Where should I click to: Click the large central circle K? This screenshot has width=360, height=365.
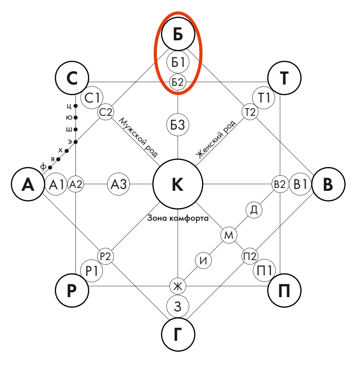(x=177, y=184)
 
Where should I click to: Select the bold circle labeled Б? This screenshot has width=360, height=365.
(x=178, y=35)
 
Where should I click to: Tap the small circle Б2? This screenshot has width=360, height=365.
(x=177, y=82)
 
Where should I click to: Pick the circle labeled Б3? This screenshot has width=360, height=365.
(x=177, y=125)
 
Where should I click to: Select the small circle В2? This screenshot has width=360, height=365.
(x=279, y=184)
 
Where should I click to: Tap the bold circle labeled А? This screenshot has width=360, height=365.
(x=28, y=184)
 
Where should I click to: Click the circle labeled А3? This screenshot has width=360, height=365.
(x=119, y=184)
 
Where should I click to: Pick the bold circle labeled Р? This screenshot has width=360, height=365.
(x=72, y=290)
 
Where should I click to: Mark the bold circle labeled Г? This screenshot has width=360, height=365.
(x=178, y=335)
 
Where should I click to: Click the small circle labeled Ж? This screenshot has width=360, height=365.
(x=178, y=286)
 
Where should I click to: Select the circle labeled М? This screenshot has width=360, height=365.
(x=229, y=235)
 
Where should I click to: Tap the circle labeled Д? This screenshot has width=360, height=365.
(x=254, y=210)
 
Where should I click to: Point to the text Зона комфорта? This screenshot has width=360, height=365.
(x=177, y=219)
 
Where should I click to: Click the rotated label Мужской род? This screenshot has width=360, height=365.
(x=138, y=137)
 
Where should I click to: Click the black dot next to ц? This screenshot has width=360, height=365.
(x=76, y=106)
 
